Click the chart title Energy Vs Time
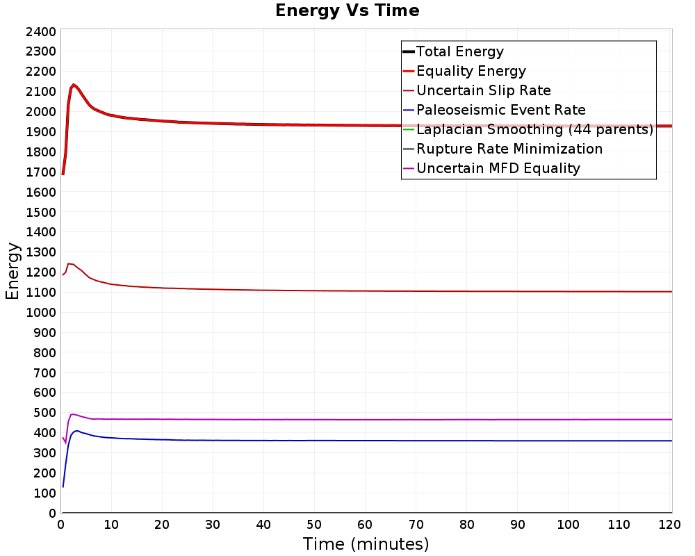(347, 10)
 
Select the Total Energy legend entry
(453, 51)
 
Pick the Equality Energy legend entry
(464, 71)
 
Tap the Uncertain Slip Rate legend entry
(477, 90)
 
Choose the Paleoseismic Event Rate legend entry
(494, 110)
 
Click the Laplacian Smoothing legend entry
(528, 129)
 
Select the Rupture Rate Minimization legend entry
(502, 149)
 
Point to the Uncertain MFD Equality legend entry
(491, 168)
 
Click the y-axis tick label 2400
(41, 32)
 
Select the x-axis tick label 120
(669, 525)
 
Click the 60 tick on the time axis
(365, 525)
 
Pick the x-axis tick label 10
(111, 525)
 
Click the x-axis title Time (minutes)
(366, 544)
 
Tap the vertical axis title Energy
(13, 271)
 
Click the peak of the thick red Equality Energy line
(73, 84)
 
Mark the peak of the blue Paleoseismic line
(77, 430)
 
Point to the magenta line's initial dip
(65, 443)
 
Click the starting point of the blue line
(63, 486)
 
